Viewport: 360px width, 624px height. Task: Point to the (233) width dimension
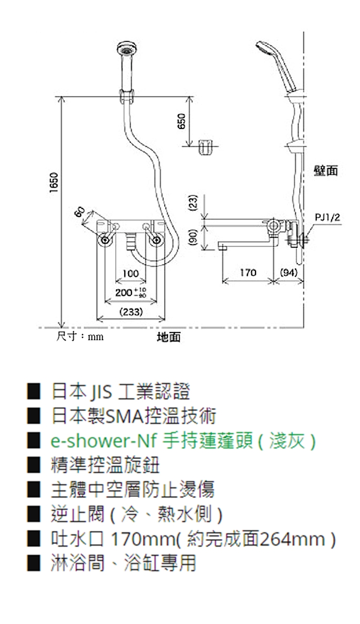click(131, 312)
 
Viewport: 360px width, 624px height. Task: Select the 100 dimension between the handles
click(131, 273)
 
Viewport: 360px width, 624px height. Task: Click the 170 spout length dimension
click(248, 273)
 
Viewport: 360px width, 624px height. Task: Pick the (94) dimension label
click(289, 273)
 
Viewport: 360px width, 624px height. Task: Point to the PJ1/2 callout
click(327, 217)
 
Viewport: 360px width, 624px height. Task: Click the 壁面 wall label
click(326, 170)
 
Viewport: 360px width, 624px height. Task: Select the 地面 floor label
click(168, 337)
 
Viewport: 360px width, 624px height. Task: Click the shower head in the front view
click(126, 51)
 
